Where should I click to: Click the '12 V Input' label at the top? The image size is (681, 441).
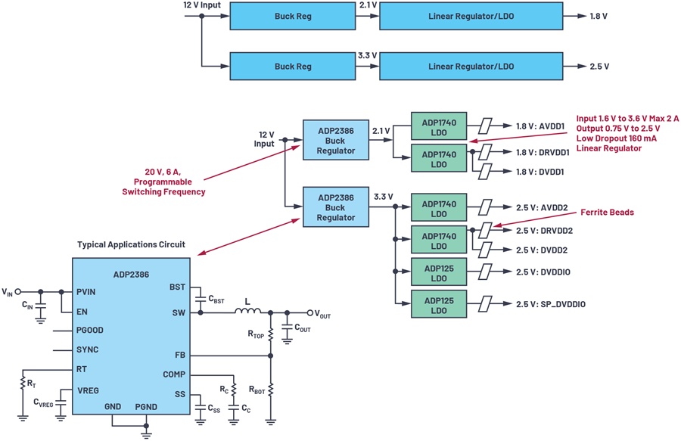point(203,5)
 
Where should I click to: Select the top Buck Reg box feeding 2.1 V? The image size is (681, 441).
point(293,16)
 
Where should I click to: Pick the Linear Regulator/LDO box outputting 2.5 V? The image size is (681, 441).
point(472,67)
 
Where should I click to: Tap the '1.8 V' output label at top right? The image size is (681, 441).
point(599,16)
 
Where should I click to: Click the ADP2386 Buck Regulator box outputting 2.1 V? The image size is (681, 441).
point(336,141)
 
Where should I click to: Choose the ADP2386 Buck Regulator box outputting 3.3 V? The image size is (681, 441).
point(336,207)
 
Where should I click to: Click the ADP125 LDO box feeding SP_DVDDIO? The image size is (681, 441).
point(439,304)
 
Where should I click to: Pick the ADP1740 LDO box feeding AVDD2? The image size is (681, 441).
point(439,209)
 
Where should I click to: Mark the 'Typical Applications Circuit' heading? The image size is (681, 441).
point(131,245)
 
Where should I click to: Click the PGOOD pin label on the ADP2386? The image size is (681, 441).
point(90,331)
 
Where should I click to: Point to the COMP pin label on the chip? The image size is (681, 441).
point(174,374)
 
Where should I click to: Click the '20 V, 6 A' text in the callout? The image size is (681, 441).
point(160,171)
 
